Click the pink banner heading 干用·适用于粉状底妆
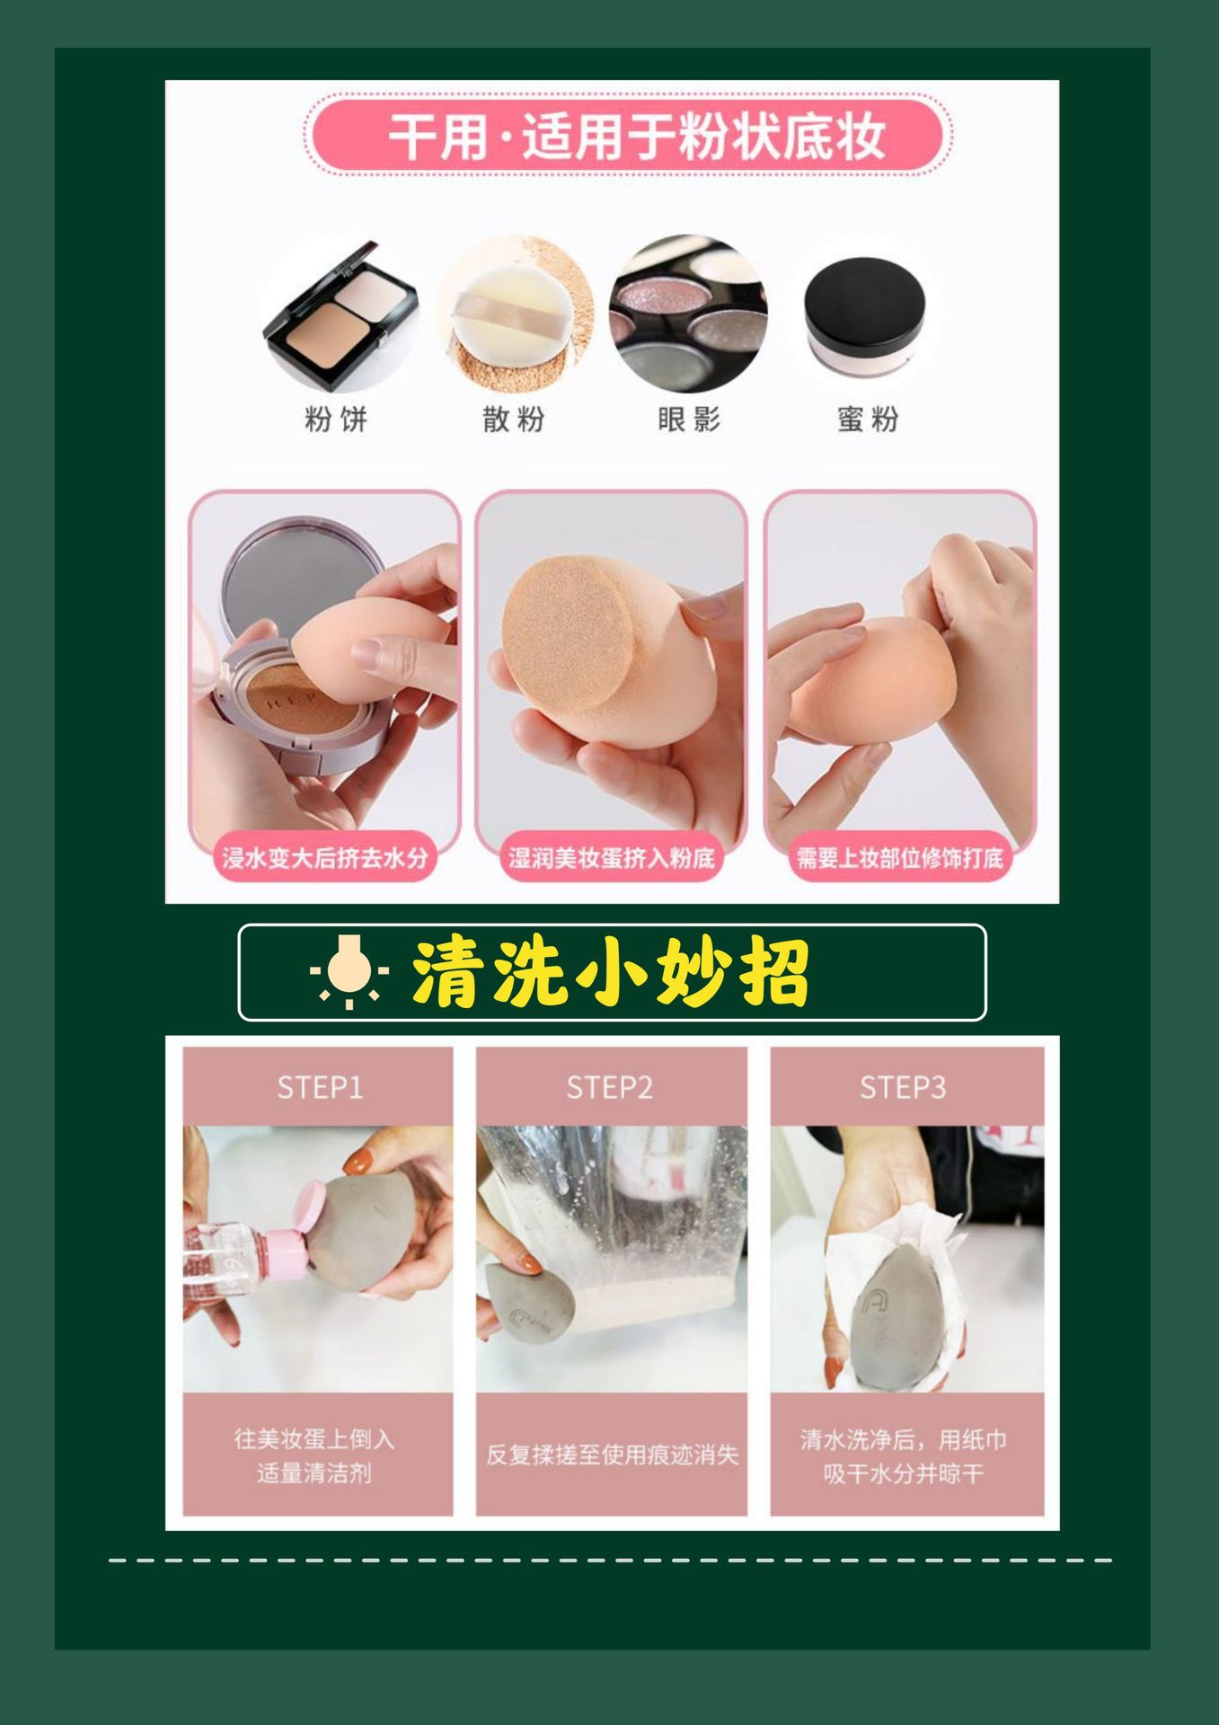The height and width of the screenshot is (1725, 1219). click(x=629, y=137)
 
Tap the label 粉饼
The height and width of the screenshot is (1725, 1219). click(x=336, y=419)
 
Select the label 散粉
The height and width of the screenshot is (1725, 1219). click(x=514, y=419)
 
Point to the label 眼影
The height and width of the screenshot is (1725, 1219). click(x=689, y=419)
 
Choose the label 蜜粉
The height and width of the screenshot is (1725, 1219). click(x=867, y=419)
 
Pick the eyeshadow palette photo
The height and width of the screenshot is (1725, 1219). click(x=688, y=314)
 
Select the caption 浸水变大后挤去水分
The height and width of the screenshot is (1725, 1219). click(x=324, y=857)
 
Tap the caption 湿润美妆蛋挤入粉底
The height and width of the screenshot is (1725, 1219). click(x=612, y=857)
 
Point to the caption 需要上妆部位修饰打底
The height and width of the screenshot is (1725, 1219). click(x=899, y=857)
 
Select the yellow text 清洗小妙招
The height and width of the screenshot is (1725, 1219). click(x=611, y=972)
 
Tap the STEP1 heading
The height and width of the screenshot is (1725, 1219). click(x=319, y=1088)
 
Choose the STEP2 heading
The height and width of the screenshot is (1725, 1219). click(x=609, y=1088)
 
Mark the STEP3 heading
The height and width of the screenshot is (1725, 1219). click(x=902, y=1088)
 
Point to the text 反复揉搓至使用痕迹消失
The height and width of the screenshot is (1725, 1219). click(x=612, y=1455)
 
